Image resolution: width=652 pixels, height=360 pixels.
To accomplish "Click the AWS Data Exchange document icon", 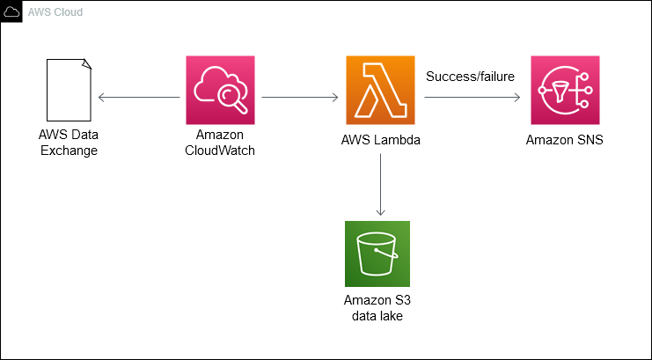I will coord(68,90).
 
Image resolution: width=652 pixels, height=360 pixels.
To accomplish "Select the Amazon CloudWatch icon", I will coord(220,91).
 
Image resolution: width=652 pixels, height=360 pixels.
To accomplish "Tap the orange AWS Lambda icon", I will coord(380,91).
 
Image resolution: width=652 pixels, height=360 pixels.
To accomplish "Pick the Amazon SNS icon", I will coord(565,91).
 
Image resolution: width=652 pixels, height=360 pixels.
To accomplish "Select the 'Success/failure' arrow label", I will coord(470,77).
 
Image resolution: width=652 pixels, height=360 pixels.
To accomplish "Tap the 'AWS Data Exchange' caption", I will coord(68,143).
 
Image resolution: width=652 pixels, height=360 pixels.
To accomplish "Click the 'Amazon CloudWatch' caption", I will coord(220,143).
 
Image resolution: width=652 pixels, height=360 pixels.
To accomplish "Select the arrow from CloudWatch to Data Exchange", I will coord(140,97).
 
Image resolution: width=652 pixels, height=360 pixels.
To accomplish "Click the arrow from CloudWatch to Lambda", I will coord(300,97).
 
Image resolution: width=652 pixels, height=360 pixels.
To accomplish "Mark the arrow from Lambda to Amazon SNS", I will coord(472,97).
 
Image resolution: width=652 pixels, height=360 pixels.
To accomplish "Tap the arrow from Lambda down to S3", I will coord(380,184).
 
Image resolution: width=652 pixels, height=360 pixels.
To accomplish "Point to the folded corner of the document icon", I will coord(85,63).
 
